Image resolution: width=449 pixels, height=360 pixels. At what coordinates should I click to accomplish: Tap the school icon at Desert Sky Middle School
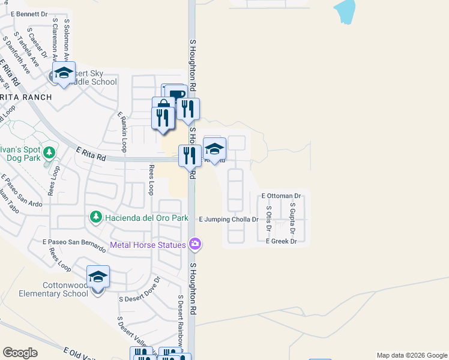tap(63, 74)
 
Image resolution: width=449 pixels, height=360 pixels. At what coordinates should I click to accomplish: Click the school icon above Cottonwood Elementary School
tap(98, 277)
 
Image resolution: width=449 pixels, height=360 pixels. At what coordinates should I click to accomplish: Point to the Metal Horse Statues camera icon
tap(194, 244)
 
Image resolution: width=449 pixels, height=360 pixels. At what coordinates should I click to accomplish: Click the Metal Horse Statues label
tap(148, 244)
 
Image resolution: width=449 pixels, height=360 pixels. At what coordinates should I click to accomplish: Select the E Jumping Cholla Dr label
tap(228, 220)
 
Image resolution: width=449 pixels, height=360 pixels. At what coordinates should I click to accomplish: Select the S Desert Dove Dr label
tap(140, 289)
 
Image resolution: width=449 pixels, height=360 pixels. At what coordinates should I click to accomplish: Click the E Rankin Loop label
tap(122, 130)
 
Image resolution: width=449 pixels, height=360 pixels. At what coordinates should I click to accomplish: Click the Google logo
tap(20, 353)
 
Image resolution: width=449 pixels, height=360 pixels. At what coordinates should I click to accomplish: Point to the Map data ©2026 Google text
tap(411, 355)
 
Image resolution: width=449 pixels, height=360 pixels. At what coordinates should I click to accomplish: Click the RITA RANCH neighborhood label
tap(26, 97)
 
